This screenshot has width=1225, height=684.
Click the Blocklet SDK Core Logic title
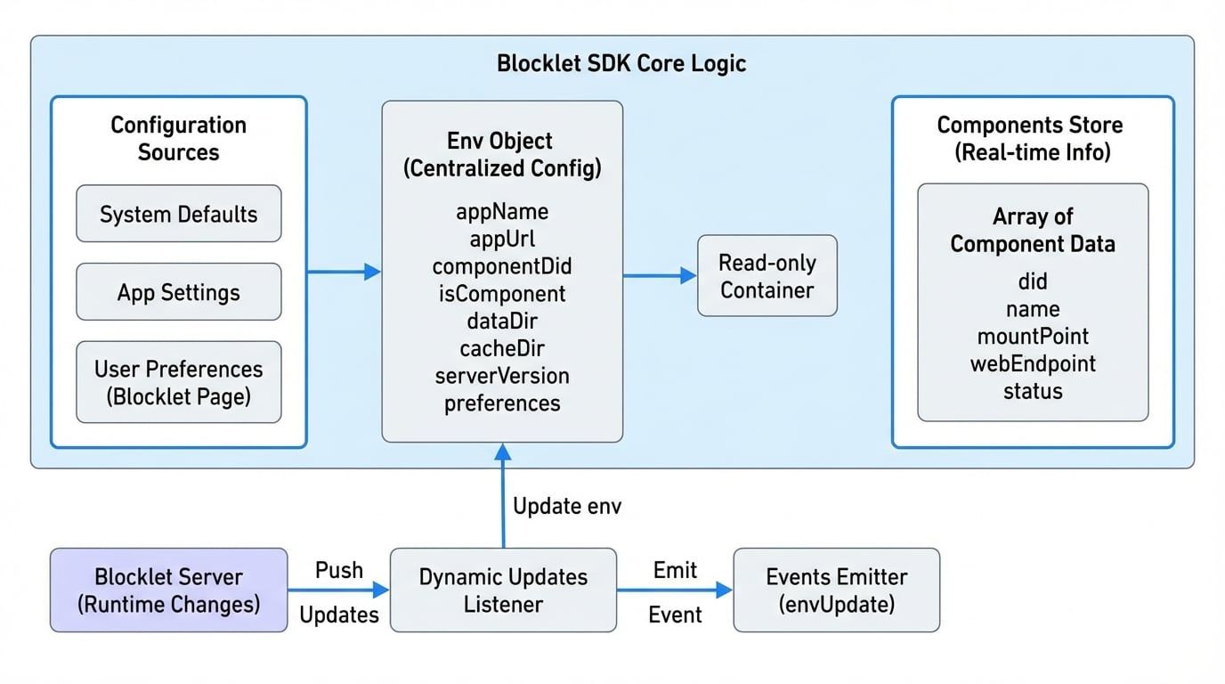[621, 64]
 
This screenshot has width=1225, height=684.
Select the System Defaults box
[178, 214]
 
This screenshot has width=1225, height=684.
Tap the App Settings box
[178, 292]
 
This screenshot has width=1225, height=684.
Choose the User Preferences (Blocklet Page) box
[178, 382]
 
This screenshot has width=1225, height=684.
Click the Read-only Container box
[767, 276]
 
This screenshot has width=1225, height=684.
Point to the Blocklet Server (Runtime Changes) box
[168, 590]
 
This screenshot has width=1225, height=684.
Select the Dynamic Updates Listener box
[503, 590]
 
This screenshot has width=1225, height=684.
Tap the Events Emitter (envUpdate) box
[836, 590]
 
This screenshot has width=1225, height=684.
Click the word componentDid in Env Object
[502, 266]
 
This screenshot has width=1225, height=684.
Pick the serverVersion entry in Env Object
[502, 376]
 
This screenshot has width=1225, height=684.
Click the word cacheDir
[502, 348]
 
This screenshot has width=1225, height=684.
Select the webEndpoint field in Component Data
[1033, 363]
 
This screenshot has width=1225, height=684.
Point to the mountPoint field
[1033, 336]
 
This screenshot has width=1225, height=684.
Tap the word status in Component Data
[1033, 391]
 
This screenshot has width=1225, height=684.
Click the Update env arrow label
[567, 507]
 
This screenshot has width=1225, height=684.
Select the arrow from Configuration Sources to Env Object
[344, 272]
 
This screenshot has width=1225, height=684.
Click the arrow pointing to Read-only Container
[659, 276]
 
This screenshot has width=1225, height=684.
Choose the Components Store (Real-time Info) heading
[1033, 138]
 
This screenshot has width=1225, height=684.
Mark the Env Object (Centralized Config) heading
[502, 154]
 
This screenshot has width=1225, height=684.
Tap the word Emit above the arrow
[675, 570]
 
